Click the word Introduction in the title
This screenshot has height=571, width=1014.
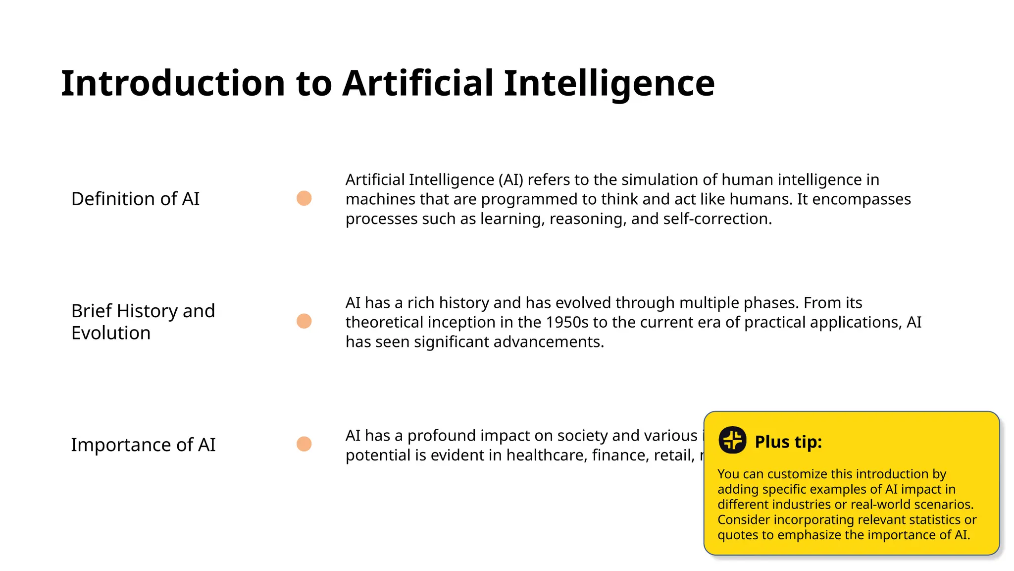tap(173, 83)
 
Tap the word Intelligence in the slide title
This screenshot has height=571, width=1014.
tap(609, 83)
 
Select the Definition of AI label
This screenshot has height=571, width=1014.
tap(135, 199)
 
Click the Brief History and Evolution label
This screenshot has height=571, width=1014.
tap(143, 322)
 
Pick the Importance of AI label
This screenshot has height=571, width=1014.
tap(143, 445)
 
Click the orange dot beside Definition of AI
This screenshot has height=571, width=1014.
tap(304, 198)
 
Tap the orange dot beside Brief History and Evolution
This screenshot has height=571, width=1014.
tap(304, 321)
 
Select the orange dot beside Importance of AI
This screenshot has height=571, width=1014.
tap(304, 444)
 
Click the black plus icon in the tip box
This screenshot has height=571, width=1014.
tap(732, 440)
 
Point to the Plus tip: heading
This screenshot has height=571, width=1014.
tap(788, 442)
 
